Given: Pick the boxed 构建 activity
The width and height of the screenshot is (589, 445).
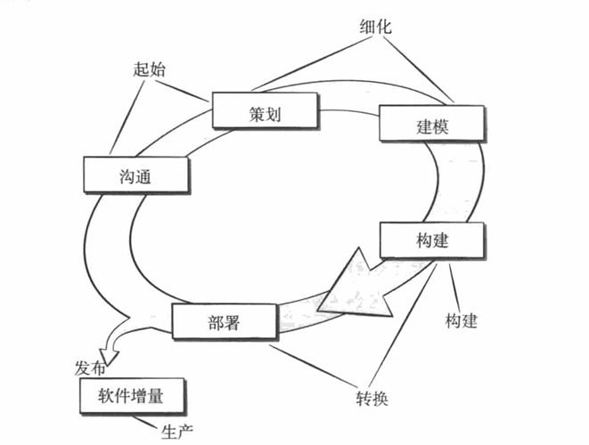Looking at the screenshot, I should [x=432, y=240].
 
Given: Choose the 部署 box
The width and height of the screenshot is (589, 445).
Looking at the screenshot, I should [x=223, y=319].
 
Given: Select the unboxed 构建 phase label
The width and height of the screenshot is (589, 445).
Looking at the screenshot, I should [x=461, y=320].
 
